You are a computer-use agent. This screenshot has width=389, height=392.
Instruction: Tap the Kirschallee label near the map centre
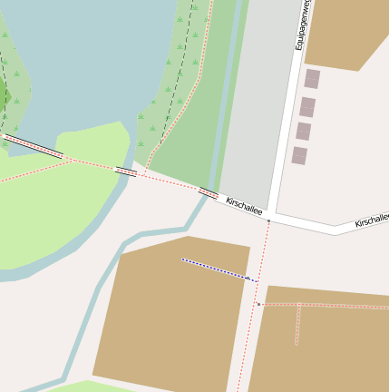244,206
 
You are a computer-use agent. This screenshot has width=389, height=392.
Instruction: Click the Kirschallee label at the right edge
373,220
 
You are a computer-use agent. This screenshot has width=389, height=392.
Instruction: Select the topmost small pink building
312,79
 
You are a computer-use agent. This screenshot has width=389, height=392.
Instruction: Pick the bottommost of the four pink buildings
299,156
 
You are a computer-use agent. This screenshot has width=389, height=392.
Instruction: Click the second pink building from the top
307,107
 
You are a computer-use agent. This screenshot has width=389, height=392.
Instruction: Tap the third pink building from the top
303,132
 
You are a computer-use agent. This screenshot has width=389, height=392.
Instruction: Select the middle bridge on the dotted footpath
126,171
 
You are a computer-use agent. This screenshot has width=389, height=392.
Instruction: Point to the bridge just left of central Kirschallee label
208,193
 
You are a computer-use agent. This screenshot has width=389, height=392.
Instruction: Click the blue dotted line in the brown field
218,269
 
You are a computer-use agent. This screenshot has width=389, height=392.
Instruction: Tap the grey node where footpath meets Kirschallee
268,220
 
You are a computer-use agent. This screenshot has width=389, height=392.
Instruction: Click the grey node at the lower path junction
258,304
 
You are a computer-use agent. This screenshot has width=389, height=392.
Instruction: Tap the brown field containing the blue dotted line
172,318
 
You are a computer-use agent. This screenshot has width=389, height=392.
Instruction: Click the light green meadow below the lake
54,209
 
